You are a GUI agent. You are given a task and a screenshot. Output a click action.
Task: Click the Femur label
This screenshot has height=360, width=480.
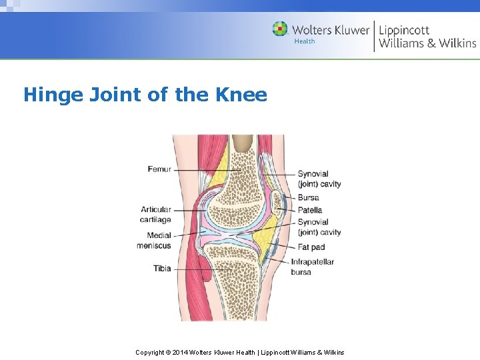point(159,169)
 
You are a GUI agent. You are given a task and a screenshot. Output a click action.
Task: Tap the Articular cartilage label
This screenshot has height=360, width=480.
point(155,215)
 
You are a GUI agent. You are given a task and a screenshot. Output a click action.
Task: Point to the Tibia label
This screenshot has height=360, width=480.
point(162,269)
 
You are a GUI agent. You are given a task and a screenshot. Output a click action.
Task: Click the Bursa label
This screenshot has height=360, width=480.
point(308,197)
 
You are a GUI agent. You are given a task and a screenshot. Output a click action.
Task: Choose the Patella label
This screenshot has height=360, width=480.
point(310,210)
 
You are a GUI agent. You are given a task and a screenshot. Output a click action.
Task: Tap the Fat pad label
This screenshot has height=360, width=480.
point(311,247)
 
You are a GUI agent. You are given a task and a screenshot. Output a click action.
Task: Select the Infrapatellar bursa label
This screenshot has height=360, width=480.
point(312,267)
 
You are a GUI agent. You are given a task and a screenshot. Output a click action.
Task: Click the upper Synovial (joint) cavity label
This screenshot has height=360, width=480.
point(319,179)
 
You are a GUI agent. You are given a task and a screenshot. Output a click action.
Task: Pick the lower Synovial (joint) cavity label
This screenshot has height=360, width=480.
point(319,227)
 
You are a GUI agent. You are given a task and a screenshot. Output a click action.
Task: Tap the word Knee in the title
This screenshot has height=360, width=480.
point(241,95)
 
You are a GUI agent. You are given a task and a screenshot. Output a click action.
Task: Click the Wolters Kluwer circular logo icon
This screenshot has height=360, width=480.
point(280,29)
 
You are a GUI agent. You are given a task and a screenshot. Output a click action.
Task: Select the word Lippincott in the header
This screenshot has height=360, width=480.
point(404,30)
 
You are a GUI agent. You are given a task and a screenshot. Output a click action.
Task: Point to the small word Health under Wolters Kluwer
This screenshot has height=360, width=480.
point(305,41)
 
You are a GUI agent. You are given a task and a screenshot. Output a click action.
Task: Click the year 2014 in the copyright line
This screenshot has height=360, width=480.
point(181,352)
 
